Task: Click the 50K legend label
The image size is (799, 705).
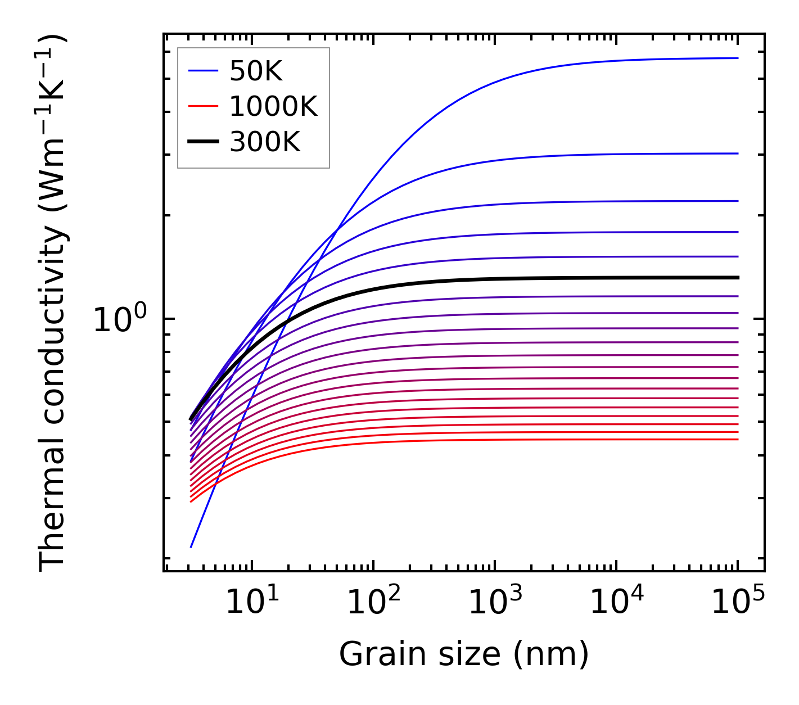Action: [x=256, y=71]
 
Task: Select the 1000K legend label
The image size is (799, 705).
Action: [x=273, y=106]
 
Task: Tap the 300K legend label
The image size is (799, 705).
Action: [x=265, y=142]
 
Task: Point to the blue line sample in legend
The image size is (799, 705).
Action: [x=202, y=71]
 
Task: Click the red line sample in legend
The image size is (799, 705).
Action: [x=202, y=106]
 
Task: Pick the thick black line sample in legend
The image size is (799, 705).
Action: [x=202, y=142]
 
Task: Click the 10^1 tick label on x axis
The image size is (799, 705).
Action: [x=252, y=603]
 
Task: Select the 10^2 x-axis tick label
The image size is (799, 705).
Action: [x=373, y=603]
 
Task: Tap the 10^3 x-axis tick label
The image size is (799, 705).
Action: [x=495, y=603]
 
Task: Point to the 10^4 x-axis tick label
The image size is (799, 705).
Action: [x=616, y=603]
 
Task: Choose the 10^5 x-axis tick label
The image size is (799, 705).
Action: [x=738, y=603]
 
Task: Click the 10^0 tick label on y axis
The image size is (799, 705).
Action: [x=119, y=319]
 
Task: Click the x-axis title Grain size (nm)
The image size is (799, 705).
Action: [x=464, y=654]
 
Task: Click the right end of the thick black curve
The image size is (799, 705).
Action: [x=737, y=278]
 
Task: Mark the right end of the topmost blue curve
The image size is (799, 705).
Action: [x=737, y=58]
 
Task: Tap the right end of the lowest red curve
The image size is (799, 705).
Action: [x=737, y=439]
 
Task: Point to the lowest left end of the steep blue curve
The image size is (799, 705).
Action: [x=191, y=546]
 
